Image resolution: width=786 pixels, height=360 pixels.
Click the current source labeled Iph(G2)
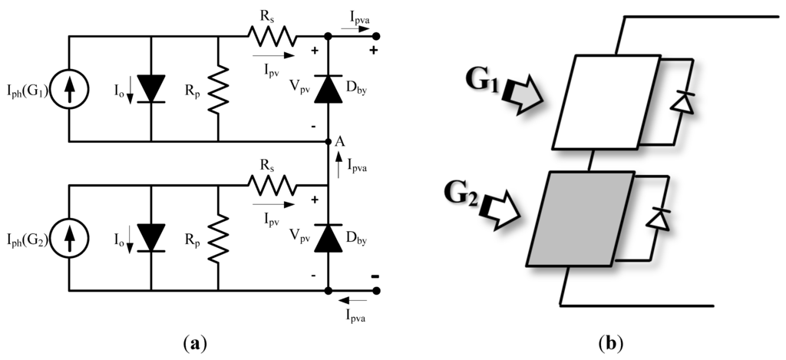pyautogui.click(x=69, y=238)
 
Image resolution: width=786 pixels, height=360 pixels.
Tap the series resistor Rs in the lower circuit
pyautogui.click(x=271, y=184)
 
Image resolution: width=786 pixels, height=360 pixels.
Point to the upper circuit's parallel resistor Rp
pyautogui.click(x=219, y=89)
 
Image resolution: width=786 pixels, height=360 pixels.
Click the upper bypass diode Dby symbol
pyautogui.click(x=328, y=89)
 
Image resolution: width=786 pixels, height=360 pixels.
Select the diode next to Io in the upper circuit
pyautogui.click(x=150, y=89)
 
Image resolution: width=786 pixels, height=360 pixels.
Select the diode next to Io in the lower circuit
pyautogui.click(x=150, y=237)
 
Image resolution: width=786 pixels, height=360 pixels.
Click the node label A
pyautogui.click(x=339, y=142)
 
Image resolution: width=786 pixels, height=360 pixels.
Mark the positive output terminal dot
pyautogui.click(x=376, y=36)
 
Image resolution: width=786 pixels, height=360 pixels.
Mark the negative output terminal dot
pyautogui.click(x=376, y=291)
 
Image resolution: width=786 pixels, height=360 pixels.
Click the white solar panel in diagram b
pyautogui.click(x=606, y=101)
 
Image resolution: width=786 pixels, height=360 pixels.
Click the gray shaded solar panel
pyautogui.click(x=580, y=219)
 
